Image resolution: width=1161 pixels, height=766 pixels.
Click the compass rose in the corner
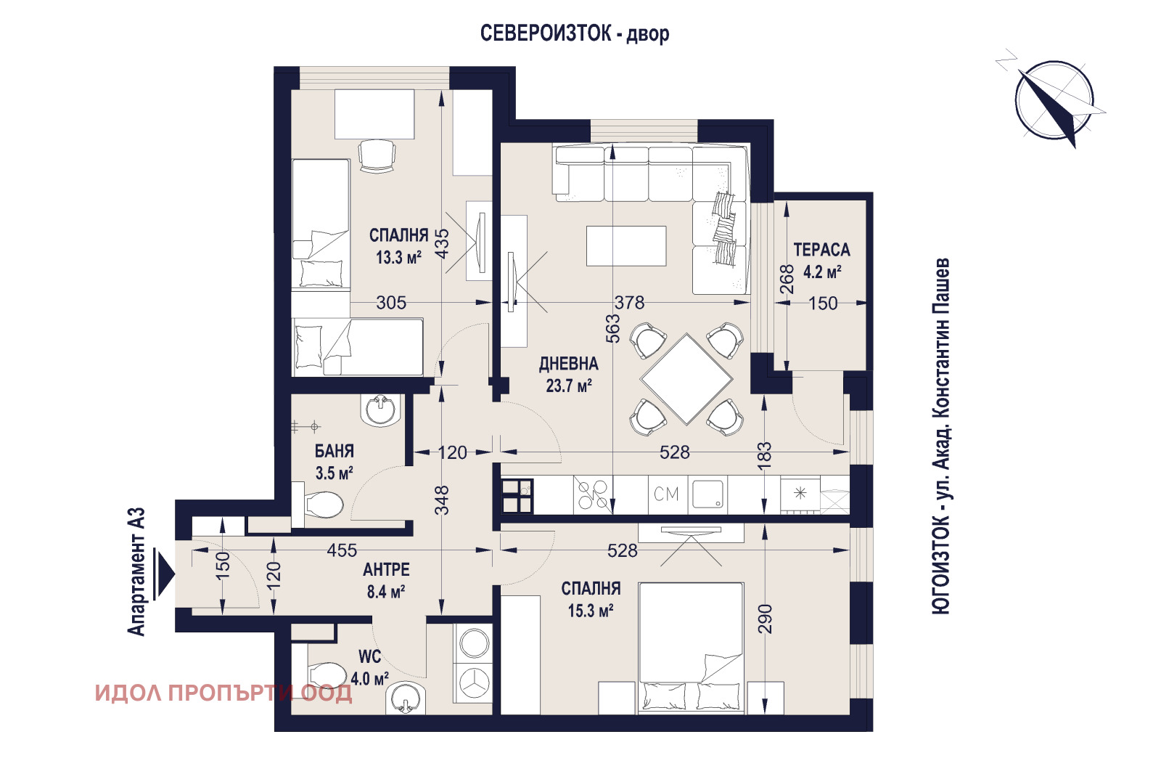(1054, 100)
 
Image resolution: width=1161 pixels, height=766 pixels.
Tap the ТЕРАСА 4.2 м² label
(821, 261)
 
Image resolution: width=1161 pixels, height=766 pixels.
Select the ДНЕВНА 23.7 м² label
(568, 375)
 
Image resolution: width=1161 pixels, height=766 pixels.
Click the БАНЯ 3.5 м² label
(334, 462)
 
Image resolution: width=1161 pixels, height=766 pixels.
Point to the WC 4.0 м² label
(369, 668)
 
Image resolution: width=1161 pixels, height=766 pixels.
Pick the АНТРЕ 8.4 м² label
(386, 580)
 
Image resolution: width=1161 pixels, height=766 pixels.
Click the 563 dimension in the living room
(613, 328)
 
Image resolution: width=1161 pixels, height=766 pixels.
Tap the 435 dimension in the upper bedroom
(442, 243)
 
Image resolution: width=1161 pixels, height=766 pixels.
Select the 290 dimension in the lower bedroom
(766, 619)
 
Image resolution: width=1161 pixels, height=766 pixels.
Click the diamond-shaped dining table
(686, 378)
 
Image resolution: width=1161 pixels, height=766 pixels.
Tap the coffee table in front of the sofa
(626, 246)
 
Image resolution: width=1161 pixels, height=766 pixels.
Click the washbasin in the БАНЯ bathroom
(381, 410)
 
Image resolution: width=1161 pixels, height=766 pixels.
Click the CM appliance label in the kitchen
(666, 494)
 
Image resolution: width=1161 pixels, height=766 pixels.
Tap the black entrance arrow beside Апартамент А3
(165, 574)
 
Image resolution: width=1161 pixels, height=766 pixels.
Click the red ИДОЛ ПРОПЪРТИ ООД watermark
(223, 693)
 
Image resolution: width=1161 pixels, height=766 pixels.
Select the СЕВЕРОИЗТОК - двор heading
(574, 33)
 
